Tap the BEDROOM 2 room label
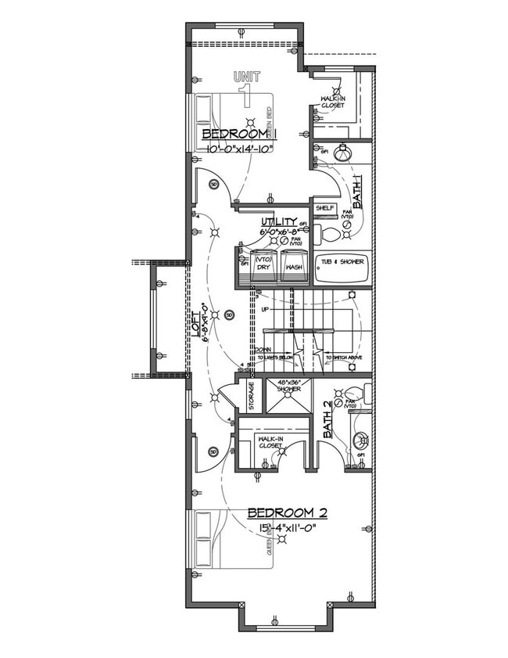tap(287, 513)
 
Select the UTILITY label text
tap(279, 222)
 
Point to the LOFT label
tap(195, 323)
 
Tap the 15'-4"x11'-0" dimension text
tap(288, 528)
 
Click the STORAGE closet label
tap(251, 395)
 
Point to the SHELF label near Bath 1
tap(325, 209)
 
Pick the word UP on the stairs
tap(264, 310)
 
